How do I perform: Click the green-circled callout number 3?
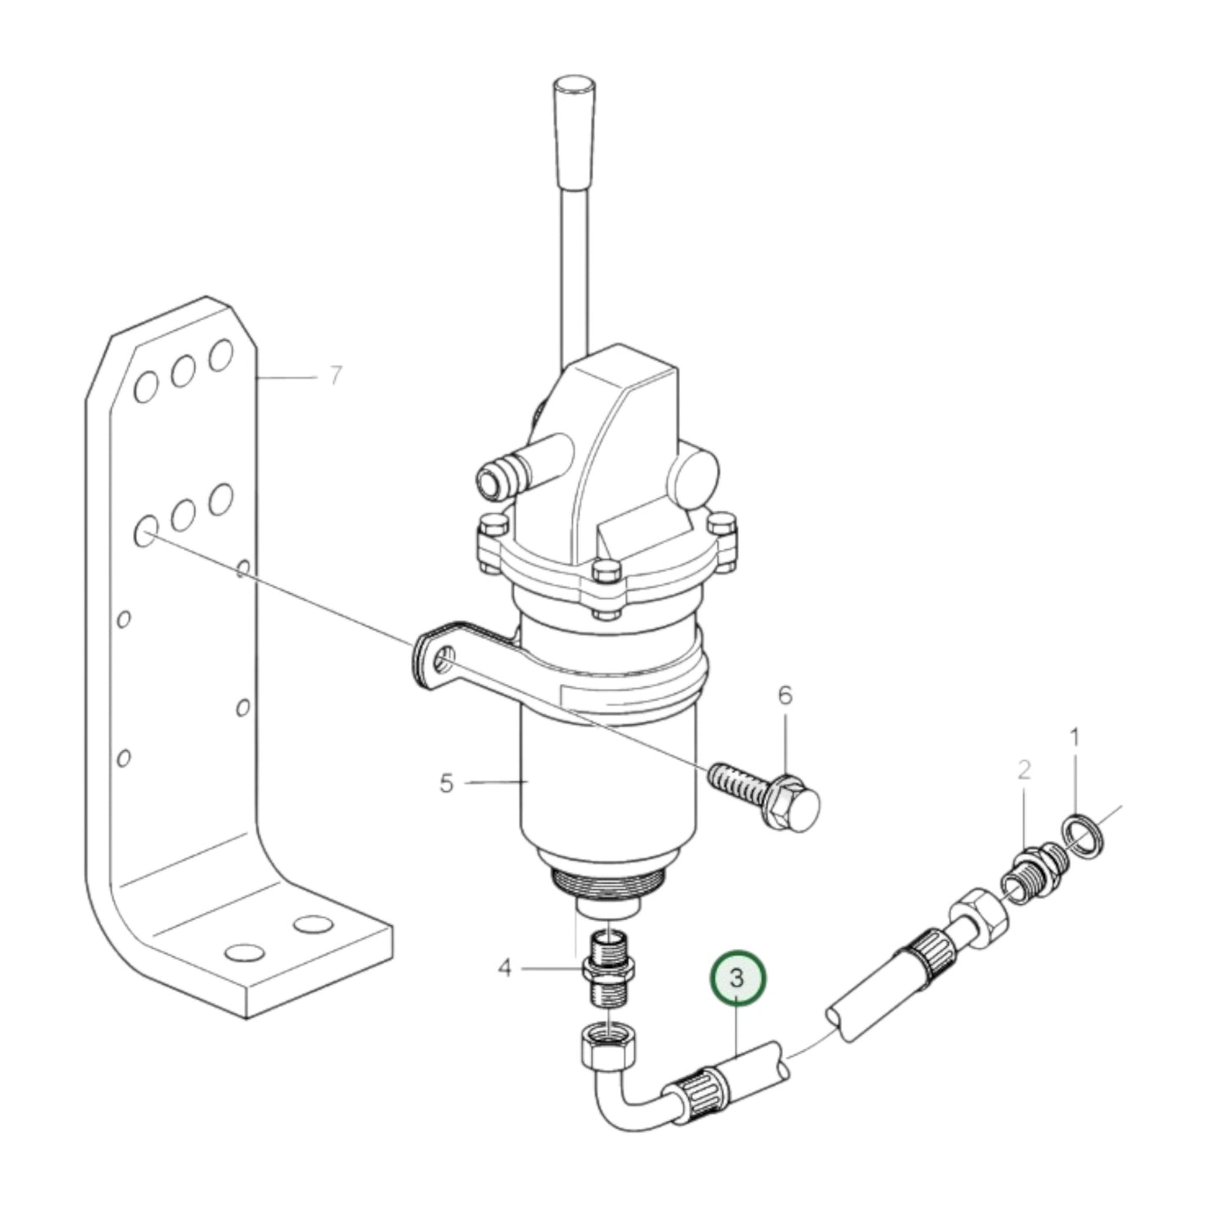[737, 978]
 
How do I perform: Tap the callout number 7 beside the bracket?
[335, 377]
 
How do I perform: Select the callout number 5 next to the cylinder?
[446, 784]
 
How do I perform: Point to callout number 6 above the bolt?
[785, 696]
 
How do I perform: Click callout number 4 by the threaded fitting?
[505, 968]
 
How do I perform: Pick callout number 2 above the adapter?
[1024, 769]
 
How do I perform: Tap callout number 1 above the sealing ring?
[1075, 738]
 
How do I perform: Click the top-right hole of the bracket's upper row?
[221, 354]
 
